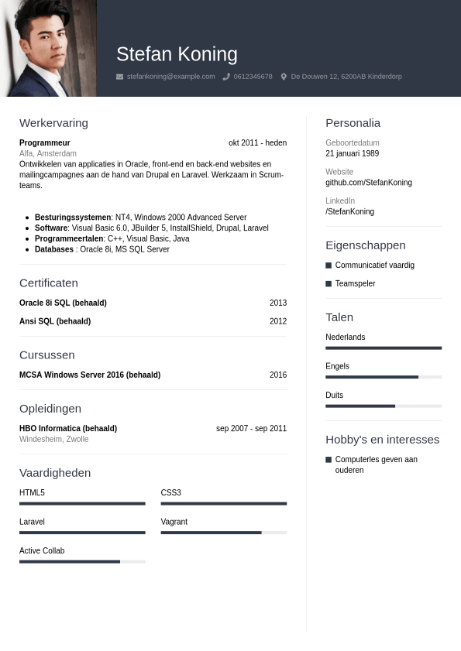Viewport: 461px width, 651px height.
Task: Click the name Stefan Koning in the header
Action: [x=177, y=54]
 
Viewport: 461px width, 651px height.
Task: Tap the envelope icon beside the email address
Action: [x=119, y=77]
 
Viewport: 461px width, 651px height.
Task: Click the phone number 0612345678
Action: [x=253, y=77]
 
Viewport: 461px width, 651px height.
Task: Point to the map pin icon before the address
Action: [x=284, y=77]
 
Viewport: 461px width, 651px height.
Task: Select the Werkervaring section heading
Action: [x=53, y=123]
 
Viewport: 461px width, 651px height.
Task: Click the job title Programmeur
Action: [x=44, y=143]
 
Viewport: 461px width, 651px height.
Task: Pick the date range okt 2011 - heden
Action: [x=257, y=143]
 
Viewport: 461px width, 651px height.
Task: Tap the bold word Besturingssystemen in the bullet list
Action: [x=73, y=218]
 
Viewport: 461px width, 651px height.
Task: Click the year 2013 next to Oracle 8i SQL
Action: [x=277, y=303]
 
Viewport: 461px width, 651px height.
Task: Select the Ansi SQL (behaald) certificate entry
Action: [x=55, y=321]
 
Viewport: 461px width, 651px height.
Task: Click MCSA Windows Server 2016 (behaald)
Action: [x=90, y=375]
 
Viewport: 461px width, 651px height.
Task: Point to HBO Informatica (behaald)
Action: [x=68, y=428]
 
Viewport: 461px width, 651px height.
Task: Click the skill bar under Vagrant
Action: [x=223, y=533]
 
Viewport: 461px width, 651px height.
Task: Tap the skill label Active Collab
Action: [x=42, y=551]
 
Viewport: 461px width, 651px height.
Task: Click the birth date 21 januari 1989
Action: [x=352, y=153]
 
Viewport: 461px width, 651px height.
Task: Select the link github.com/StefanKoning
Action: [x=368, y=183]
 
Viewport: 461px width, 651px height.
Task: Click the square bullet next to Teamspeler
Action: [x=329, y=284]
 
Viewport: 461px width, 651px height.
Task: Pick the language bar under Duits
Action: [x=384, y=406]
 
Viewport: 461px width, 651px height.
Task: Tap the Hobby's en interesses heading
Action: [x=382, y=440]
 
